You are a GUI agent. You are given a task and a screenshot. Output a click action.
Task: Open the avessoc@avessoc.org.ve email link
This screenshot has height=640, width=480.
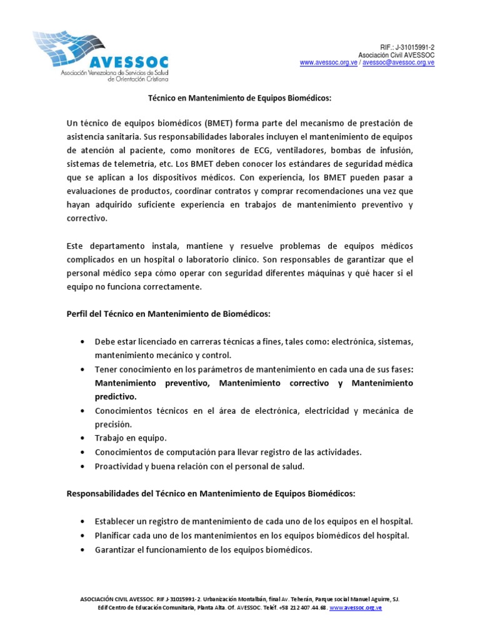point(398,62)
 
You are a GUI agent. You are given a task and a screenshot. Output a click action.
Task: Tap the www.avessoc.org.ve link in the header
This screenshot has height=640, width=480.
point(329,62)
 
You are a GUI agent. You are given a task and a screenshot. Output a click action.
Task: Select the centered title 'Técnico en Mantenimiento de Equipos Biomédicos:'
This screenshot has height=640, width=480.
point(239,98)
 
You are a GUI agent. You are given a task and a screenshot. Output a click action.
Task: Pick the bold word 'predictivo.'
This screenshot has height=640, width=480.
point(115,396)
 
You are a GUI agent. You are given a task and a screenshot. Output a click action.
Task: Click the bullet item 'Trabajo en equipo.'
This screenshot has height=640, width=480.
point(131,437)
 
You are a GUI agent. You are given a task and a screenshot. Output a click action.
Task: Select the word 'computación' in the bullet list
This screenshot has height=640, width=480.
point(187,452)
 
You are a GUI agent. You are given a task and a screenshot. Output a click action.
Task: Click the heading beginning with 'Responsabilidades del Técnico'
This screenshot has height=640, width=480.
point(211,493)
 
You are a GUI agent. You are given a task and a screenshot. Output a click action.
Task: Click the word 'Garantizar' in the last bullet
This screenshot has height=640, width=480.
point(114,550)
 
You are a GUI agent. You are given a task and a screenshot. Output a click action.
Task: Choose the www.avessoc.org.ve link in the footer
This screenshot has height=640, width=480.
point(356,607)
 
